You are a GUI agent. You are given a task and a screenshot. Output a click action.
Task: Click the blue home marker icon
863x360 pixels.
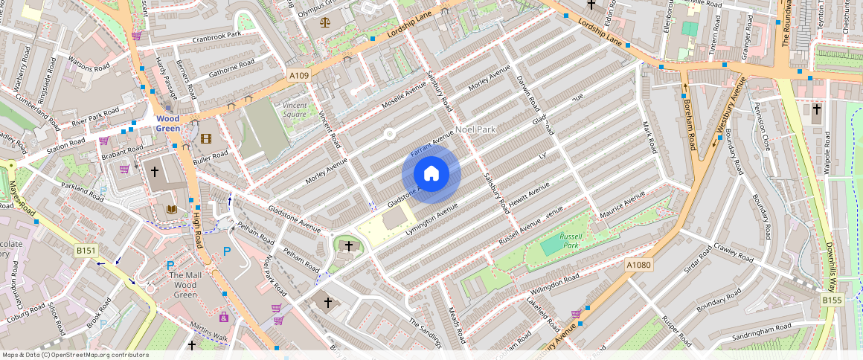click(431, 174)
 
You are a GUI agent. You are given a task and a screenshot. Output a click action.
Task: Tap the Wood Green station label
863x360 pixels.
click(167, 123)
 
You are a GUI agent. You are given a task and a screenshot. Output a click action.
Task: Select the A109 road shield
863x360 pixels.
click(298, 76)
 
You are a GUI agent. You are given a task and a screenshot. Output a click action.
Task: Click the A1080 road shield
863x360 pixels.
click(638, 265)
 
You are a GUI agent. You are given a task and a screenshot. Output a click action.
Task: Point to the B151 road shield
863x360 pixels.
click(86, 251)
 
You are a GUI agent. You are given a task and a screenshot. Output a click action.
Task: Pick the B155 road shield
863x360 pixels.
click(832, 299)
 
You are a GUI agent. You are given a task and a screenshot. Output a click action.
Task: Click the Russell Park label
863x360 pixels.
click(570, 240)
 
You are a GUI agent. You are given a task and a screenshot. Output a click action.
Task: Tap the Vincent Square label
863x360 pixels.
click(295, 110)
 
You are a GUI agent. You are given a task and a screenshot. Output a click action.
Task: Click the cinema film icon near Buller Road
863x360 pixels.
click(206, 138)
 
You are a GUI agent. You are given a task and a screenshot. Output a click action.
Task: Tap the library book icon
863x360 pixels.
click(172, 210)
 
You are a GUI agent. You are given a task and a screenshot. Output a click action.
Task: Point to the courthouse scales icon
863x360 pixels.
click(324, 22)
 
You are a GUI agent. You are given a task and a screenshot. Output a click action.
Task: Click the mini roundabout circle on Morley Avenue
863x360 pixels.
click(388, 134)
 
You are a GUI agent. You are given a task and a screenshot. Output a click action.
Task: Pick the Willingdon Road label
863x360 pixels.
click(555, 283)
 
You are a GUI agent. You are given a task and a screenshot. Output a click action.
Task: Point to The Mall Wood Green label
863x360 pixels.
click(185, 285)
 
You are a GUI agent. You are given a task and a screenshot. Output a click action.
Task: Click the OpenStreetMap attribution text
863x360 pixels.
click(75, 355)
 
